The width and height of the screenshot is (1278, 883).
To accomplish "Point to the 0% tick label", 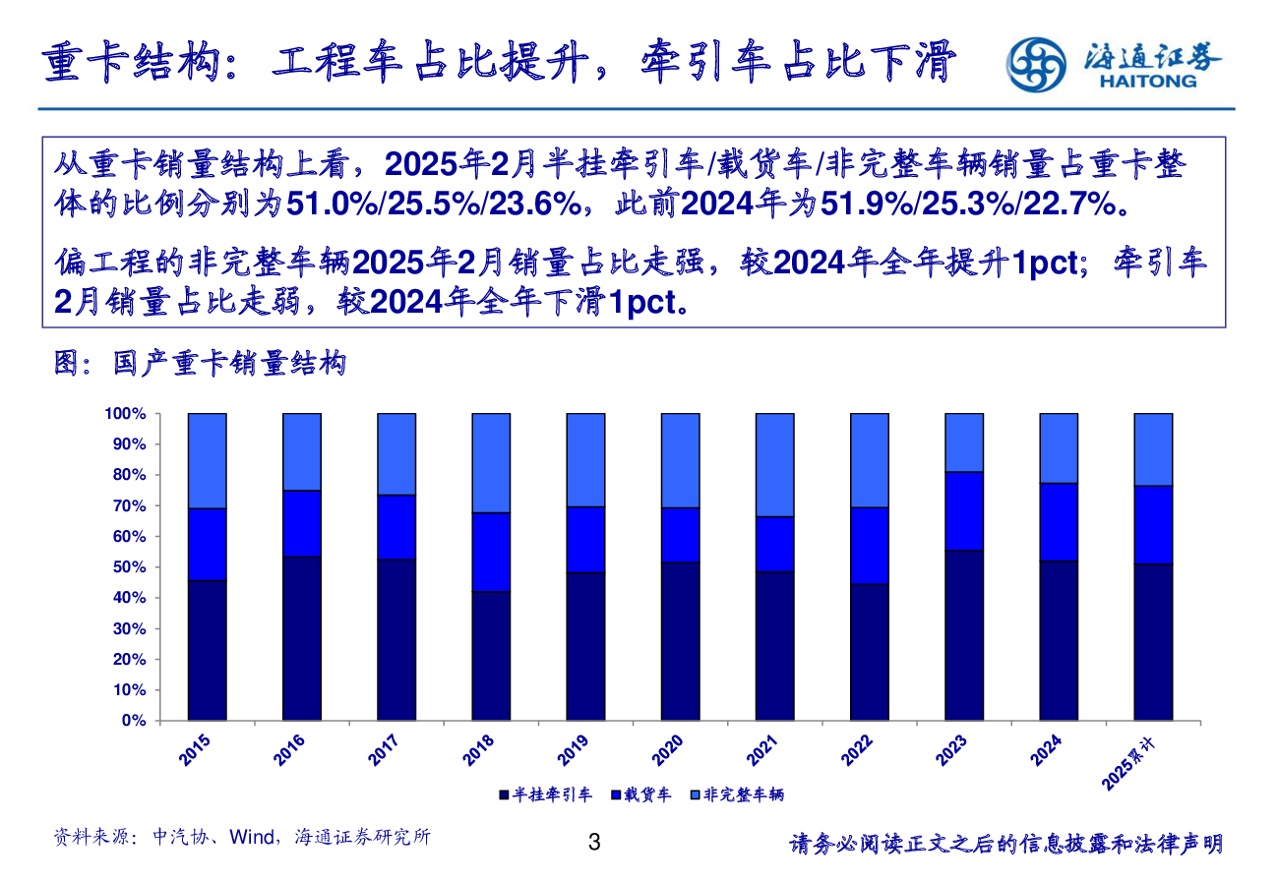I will tap(134, 721).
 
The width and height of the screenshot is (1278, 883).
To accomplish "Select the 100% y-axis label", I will tap(126, 414).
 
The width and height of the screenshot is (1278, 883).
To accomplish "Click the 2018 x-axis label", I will tap(478, 751).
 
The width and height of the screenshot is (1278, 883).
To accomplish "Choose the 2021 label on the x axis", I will tap(761, 751).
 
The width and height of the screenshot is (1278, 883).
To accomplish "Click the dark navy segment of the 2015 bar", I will tap(208, 650).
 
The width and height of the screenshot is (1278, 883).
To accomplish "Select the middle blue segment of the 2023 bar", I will tap(964, 511).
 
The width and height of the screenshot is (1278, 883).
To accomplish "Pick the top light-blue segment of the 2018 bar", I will tap(491, 462).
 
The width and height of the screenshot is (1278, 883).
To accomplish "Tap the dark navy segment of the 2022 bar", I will tap(870, 652).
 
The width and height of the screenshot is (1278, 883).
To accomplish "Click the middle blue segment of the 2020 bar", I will tap(680, 535).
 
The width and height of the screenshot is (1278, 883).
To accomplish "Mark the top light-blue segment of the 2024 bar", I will tap(1059, 447).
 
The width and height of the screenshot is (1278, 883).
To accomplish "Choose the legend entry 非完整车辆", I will tap(737, 795).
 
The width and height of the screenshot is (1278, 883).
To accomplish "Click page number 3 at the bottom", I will tap(593, 842).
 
